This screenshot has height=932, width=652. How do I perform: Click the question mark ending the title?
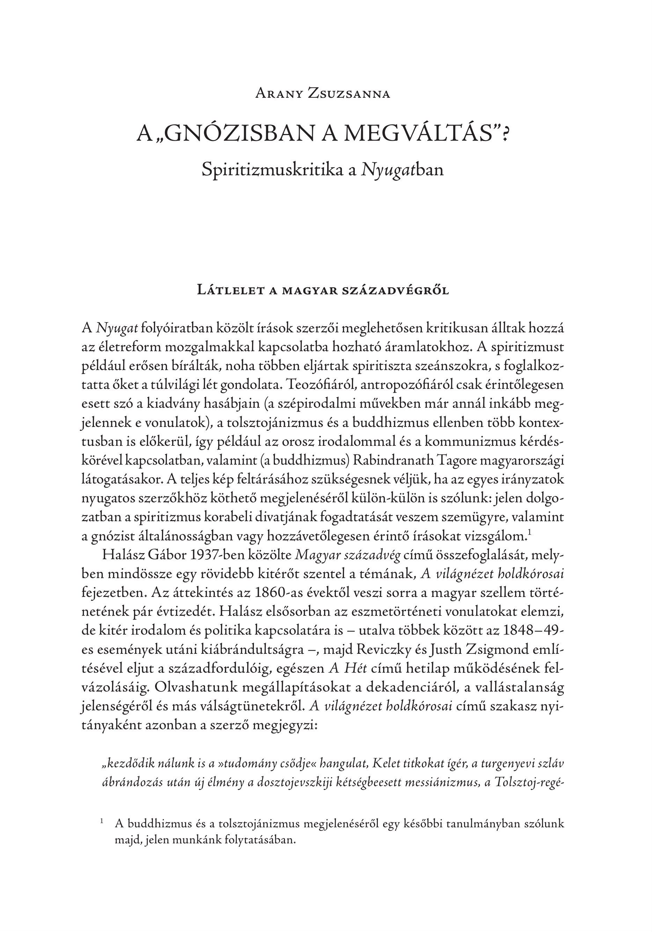point(506,134)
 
